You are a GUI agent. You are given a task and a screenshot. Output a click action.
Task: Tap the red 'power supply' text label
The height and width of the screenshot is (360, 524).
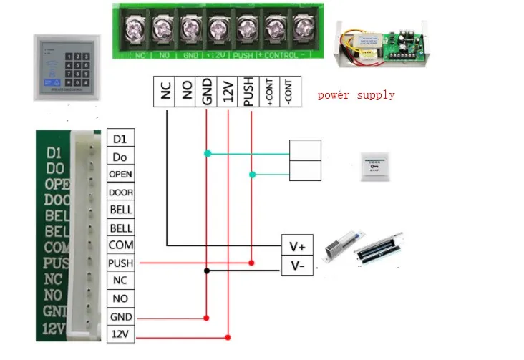tap(356, 95)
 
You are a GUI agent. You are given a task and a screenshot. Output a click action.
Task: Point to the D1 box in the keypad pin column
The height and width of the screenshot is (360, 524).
tap(120, 138)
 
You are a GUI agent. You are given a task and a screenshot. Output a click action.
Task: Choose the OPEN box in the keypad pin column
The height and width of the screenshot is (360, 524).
tap(120, 174)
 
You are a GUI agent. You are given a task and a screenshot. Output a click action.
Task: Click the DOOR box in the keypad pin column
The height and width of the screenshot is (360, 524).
tap(120, 192)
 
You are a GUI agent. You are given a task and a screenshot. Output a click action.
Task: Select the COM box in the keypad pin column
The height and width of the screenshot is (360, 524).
tap(120, 245)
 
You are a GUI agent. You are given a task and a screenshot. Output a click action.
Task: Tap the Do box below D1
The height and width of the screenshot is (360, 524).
tap(120, 156)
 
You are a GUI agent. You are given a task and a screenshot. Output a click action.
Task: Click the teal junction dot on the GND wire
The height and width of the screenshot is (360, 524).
tap(207, 153)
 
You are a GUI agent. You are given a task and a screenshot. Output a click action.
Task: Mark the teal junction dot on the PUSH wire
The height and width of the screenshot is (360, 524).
tap(251, 175)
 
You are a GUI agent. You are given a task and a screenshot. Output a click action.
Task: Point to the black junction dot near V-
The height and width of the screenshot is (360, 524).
tap(207, 271)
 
